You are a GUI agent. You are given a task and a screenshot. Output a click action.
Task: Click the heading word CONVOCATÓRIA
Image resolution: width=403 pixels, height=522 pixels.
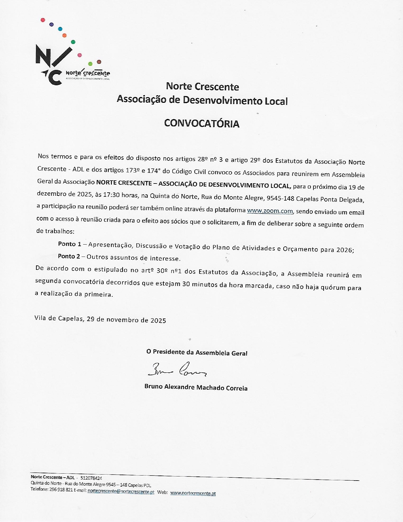[x=202, y=123]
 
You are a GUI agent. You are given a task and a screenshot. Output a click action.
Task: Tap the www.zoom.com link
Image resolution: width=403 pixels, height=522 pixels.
[x=270, y=211]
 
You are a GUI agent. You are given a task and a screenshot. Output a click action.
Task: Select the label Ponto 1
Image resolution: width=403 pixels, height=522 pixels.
[x=70, y=244]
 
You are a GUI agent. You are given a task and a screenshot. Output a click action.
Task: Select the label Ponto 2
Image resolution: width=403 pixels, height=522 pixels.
[x=69, y=256]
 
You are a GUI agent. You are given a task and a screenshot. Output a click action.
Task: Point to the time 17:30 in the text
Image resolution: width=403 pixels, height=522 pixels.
[x=111, y=195]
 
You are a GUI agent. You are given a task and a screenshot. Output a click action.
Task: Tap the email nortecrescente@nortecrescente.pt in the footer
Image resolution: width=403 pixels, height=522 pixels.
[x=121, y=492]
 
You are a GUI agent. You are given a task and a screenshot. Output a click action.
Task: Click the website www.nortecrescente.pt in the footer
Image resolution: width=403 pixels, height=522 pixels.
[x=193, y=493]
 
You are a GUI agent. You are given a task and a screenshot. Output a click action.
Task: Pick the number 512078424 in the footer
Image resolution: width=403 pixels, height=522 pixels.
[x=91, y=478]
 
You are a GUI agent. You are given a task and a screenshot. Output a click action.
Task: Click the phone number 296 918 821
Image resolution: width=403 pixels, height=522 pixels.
[x=61, y=490]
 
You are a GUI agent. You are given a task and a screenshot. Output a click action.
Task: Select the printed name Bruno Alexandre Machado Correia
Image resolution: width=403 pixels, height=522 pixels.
[x=196, y=387]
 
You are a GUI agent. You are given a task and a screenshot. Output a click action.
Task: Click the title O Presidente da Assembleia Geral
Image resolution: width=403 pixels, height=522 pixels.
[x=197, y=352]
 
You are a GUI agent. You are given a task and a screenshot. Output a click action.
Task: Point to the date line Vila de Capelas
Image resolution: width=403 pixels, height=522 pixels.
[x=100, y=319]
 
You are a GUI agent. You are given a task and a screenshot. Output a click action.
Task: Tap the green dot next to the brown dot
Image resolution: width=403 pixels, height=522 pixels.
[x=90, y=64]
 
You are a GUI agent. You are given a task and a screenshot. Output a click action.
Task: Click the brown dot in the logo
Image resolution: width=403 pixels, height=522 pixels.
[x=99, y=62]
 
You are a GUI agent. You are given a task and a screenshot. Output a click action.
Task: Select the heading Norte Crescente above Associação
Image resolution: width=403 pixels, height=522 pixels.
[x=202, y=86]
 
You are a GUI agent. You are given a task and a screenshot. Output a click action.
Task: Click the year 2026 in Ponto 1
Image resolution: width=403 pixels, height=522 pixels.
[x=344, y=250]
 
